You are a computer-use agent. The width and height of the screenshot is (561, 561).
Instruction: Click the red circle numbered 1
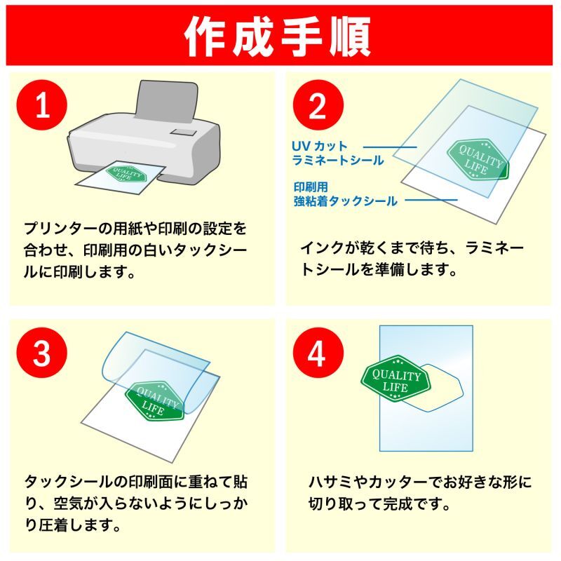click(42, 104)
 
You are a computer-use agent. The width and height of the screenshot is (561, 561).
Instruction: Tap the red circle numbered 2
click(318, 104)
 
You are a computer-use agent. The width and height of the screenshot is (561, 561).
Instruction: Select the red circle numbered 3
click(42, 353)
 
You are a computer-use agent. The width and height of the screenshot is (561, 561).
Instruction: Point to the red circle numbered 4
click(318, 353)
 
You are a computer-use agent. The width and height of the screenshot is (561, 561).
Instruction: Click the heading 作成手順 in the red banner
click(278, 36)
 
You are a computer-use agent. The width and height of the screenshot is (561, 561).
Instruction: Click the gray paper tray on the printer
click(167, 101)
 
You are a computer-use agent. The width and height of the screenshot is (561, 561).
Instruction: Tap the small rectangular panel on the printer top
click(184, 132)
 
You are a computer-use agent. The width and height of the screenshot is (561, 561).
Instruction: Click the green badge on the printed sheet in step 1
click(126, 174)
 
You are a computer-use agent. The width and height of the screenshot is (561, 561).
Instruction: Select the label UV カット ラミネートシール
click(337, 153)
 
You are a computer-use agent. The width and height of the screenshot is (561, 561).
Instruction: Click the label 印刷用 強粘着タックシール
click(345, 194)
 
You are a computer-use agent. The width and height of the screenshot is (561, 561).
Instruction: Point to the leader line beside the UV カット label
click(390, 147)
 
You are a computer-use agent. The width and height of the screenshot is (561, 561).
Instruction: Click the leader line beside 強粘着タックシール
click(431, 200)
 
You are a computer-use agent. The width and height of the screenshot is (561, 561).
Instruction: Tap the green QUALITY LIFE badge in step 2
click(478, 160)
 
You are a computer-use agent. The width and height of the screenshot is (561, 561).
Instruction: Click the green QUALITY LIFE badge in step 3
click(154, 401)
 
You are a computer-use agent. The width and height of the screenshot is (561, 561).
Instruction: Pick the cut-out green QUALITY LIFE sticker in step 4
click(396, 379)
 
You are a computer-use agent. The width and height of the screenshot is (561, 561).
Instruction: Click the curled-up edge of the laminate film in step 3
click(110, 358)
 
